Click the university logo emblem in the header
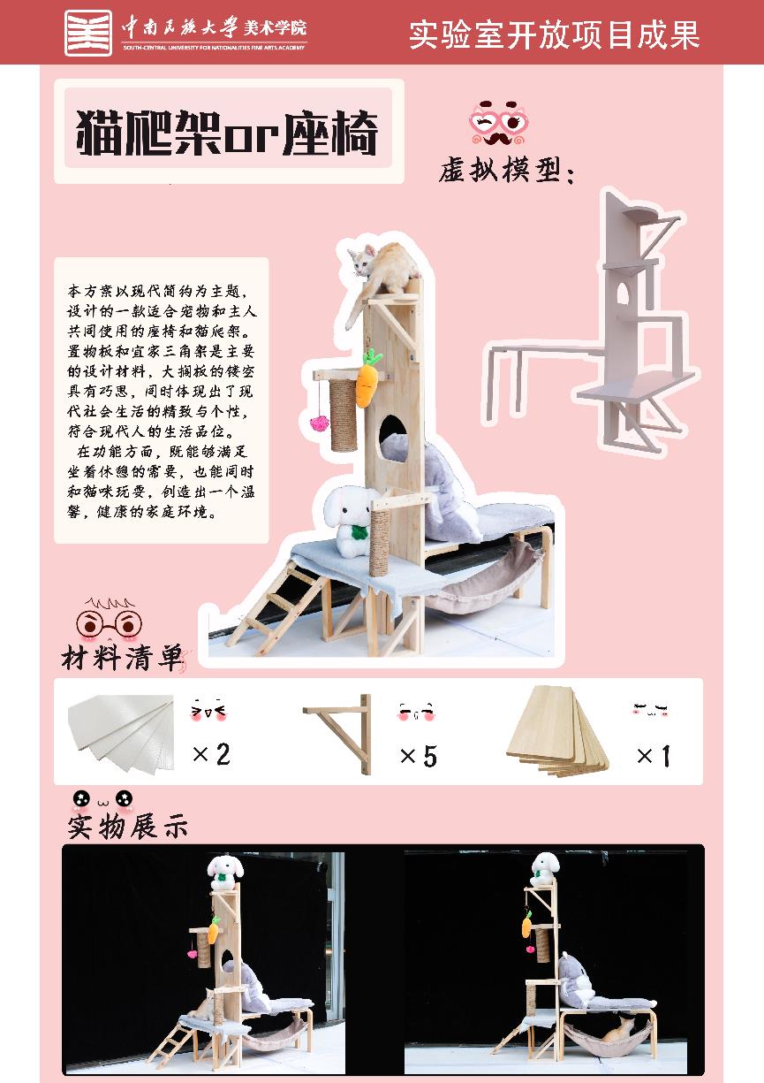(x=88, y=33)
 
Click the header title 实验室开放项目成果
(x=555, y=34)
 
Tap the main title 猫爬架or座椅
(x=227, y=132)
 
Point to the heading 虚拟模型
(x=507, y=170)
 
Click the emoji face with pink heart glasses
(x=499, y=123)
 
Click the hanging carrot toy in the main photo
(x=368, y=378)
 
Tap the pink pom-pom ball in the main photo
(x=319, y=423)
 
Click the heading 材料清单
(x=122, y=658)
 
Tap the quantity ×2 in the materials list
(x=211, y=754)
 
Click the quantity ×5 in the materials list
(x=419, y=756)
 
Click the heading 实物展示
(x=127, y=827)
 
